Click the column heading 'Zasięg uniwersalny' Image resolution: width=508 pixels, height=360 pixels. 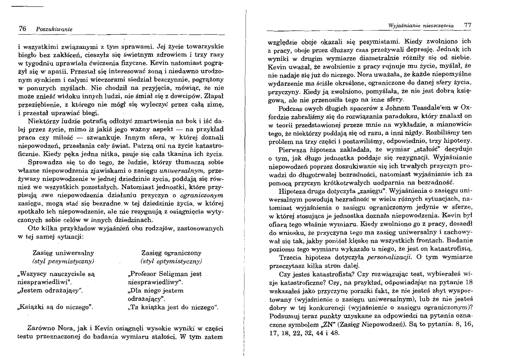[63, 253]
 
